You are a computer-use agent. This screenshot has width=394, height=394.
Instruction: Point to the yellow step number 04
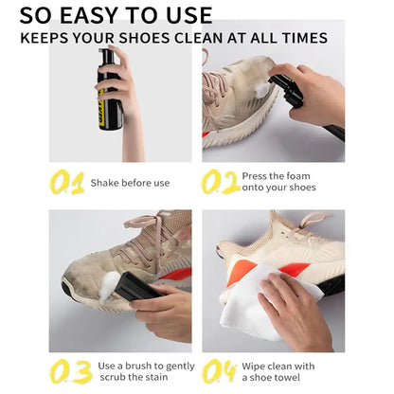220,371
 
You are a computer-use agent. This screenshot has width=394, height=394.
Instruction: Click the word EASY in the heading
96,15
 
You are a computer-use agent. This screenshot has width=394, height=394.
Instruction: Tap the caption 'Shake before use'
130,182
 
